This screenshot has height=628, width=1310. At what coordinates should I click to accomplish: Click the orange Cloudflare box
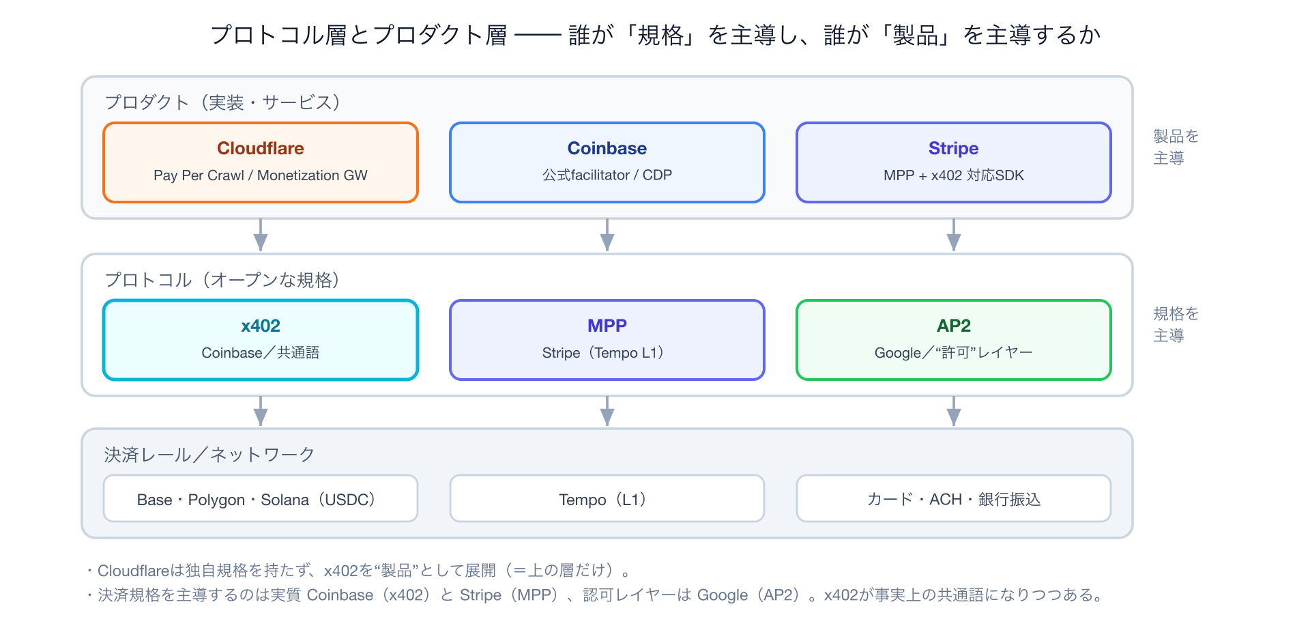tap(260, 162)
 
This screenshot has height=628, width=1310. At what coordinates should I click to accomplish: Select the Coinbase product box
tap(607, 162)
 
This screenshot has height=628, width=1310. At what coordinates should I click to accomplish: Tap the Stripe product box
tap(953, 162)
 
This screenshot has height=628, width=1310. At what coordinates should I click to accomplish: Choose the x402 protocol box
tap(260, 340)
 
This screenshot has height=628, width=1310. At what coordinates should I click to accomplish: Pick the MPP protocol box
tap(607, 340)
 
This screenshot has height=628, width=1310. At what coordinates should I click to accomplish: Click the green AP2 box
tap(953, 340)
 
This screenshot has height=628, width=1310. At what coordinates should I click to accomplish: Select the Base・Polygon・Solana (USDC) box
tap(260, 498)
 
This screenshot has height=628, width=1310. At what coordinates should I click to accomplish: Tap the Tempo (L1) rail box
tap(607, 498)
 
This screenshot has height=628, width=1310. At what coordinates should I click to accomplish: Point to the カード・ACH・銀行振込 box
tap(953, 498)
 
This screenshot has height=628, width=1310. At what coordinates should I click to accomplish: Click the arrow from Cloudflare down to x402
tap(260, 235)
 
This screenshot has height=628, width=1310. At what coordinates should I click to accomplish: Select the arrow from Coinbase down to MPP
tap(607, 235)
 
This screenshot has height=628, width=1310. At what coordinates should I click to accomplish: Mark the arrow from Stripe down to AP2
tap(953, 235)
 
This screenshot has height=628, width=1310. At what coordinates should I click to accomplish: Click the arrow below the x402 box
tap(260, 411)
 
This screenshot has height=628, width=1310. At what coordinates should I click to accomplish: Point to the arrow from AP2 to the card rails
tap(953, 411)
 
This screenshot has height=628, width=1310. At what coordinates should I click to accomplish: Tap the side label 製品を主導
tap(1176, 147)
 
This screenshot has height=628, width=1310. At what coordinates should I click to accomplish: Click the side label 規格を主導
tap(1176, 324)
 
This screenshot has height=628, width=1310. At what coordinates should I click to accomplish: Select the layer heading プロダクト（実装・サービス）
tap(222, 102)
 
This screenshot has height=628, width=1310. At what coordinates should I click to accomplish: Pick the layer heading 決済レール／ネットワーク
tap(209, 455)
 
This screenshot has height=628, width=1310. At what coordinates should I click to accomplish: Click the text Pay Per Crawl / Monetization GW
tap(260, 175)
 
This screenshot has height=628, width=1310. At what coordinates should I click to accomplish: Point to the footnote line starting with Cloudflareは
tap(359, 570)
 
